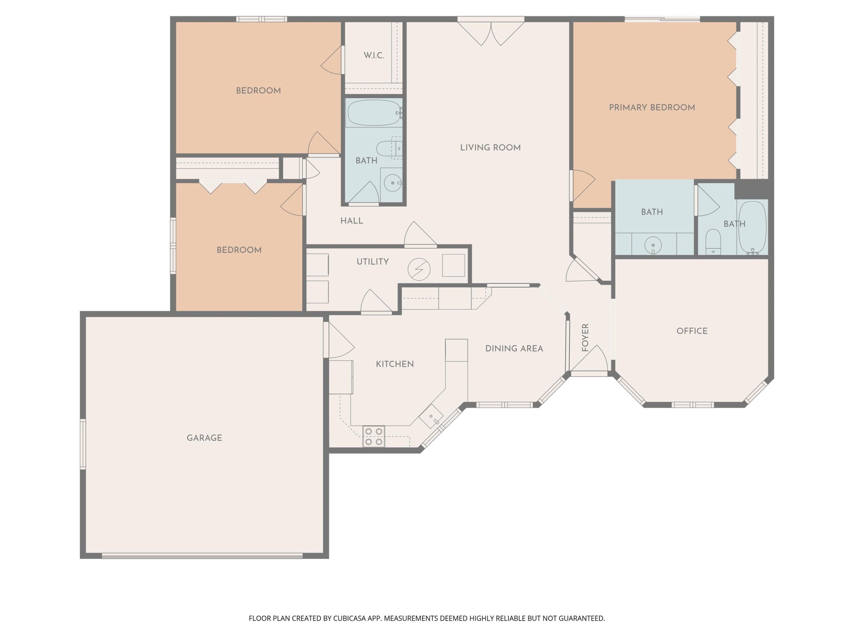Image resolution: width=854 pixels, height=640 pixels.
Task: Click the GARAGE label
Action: pyautogui.click(x=204, y=438)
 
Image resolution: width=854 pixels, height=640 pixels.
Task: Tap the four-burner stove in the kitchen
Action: pyautogui.click(x=374, y=436)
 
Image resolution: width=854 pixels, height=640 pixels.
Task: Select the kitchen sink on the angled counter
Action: pyautogui.click(x=431, y=417)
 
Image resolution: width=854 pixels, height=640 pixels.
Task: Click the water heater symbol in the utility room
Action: pyautogui.click(x=419, y=269)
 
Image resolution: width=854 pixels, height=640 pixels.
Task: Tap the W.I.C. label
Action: pyautogui.click(x=374, y=56)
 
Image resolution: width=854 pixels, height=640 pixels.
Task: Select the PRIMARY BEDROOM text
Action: pyautogui.click(x=652, y=108)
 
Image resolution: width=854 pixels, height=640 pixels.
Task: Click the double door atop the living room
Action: pyautogui.click(x=491, y=33)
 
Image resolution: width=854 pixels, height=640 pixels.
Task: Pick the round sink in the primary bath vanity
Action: pyautogui.click(x=653, y=245)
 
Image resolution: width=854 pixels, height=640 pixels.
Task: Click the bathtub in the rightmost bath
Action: pyautogui.click(x=752, y=228)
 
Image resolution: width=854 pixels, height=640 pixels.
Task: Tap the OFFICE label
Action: pyautogui.click(x=692, y=331)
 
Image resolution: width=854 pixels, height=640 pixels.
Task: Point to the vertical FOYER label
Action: pyautogui.click(x=585, y=338)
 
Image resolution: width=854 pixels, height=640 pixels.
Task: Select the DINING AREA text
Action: pyautogui.click(x=514, y=349)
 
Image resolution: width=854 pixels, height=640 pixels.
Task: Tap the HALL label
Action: pyautogui.click(x=351, y=221)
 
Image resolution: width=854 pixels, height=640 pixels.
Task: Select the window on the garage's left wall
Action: pyautogui.click(x=83, y=444)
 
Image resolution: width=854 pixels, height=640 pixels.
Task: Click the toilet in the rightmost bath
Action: pyautogui.click(x=713, y=241)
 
